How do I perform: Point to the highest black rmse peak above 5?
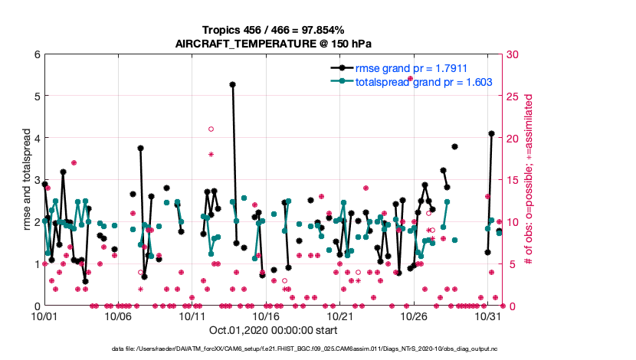[x=232, y=84]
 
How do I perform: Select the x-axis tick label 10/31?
[x=487, y=316]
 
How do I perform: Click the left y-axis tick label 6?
[x=37, y=54]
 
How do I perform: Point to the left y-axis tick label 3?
[x=37, y=180]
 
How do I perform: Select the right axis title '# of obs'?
[x=529, y=180]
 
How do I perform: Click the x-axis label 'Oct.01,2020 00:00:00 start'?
[x=273, y=332]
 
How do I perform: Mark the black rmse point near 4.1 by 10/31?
[x=491, y=134]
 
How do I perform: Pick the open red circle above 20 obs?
[x=211, y=129]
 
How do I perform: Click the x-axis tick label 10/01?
[x=44, y=316]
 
